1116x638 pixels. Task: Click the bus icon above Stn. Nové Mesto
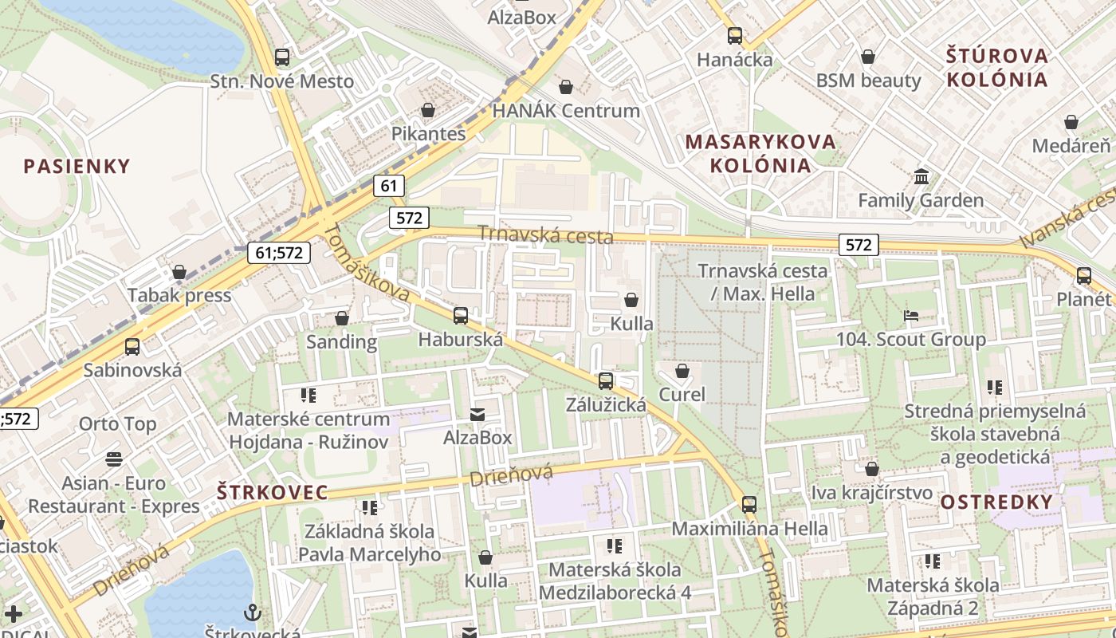point(282,57)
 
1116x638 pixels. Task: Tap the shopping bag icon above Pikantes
point(428,110)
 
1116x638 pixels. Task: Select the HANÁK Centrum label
point(566,111)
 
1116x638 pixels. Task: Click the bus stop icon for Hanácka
point(735,36)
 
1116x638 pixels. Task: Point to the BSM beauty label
point(868,81)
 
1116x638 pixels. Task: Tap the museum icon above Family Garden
point(921,176)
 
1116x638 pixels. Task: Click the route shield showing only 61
point(388,187)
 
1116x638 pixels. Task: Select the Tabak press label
point(179,296)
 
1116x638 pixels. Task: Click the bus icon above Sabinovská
point(132,347)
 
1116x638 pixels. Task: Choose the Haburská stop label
point(461,340)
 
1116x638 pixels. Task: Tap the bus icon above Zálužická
point(606,381)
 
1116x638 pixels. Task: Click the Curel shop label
point(682,394)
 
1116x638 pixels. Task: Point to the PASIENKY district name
point(77,167)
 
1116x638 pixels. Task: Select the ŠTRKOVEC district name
point(272,492)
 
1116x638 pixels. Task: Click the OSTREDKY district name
point(996,502)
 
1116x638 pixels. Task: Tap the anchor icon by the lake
point(253,612)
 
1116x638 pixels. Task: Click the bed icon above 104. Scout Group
point(911,316)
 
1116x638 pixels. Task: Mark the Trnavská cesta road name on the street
point(545,234)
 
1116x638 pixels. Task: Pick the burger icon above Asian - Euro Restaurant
point(114,459)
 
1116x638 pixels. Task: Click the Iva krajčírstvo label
point(871,493)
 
